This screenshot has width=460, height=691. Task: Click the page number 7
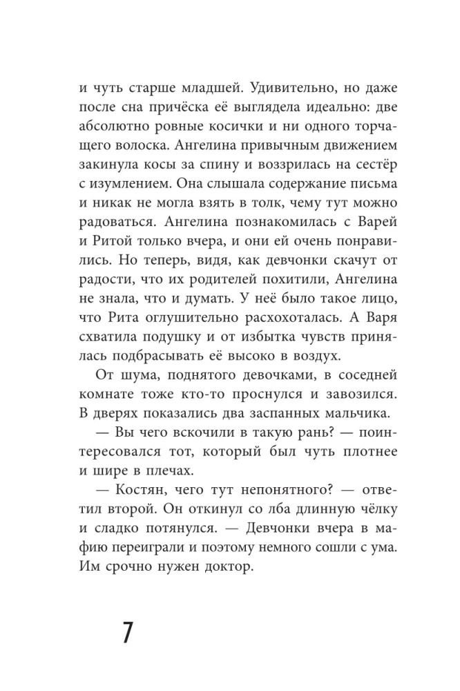click(127, 632)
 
